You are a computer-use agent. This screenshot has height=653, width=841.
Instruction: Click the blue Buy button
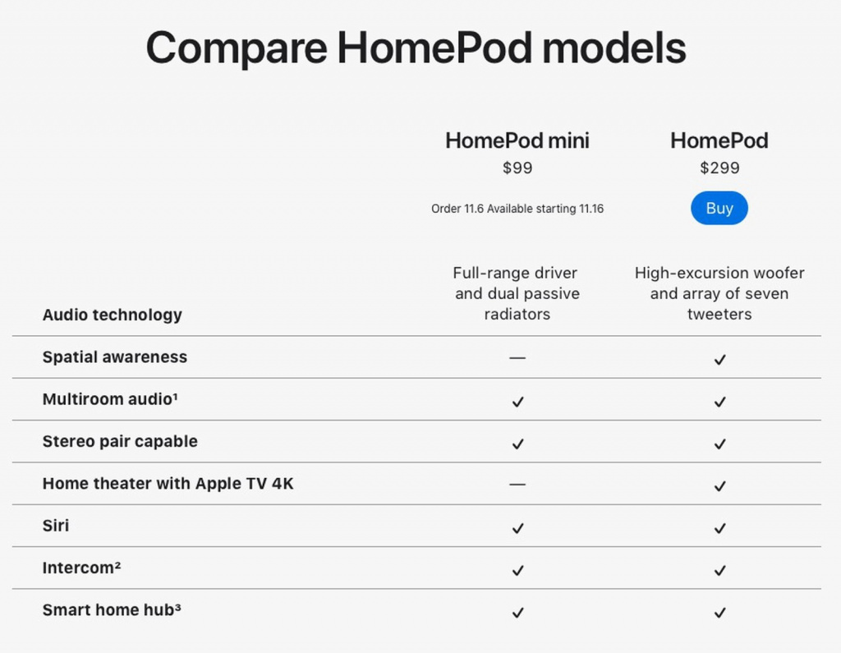coord(719,208)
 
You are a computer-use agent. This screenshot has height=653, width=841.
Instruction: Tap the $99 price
coord(517,168)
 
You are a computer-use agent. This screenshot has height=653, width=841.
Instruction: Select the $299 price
coord(719,168)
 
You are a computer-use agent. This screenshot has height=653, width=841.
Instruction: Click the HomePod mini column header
coord(517,140)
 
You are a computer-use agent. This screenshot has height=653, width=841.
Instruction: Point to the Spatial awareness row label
coord(115,356)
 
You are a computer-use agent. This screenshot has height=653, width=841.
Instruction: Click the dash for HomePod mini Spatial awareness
coord(517,358)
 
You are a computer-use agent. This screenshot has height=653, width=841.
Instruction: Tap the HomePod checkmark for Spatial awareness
coord(719,359)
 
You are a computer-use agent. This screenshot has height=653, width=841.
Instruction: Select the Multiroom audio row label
coord(110,398)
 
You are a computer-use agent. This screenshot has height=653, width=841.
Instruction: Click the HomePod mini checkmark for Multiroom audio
coord(517,402)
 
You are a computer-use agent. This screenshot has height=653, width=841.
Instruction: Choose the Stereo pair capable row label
coord(120,441)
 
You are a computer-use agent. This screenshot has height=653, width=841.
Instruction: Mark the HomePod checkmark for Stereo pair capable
coord(719,444)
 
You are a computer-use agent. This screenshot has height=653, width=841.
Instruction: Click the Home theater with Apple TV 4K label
coord(168,484)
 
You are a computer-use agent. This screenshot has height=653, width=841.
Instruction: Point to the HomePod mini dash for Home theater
coord(517,485)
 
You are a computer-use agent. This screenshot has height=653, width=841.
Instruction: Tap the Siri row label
coord(56,526)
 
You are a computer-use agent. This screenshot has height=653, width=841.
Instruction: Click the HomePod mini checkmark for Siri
coord(517,528)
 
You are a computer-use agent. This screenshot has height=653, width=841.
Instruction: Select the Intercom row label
coord(81,568)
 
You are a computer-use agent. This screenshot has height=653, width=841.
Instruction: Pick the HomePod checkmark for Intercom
coord(719,570)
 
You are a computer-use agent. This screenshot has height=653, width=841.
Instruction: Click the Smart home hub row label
coord(112,609)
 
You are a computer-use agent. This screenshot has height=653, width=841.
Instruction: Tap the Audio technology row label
coord(112,315)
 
